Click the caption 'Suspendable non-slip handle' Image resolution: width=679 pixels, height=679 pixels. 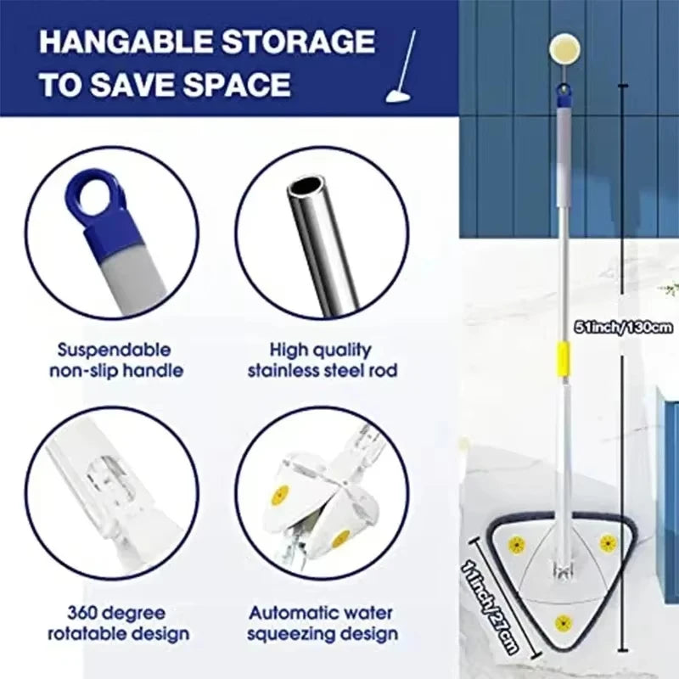115,360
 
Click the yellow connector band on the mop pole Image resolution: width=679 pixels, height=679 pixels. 561,355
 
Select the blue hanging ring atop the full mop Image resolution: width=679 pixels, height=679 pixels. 562,89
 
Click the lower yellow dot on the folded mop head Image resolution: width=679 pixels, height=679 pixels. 339,538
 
